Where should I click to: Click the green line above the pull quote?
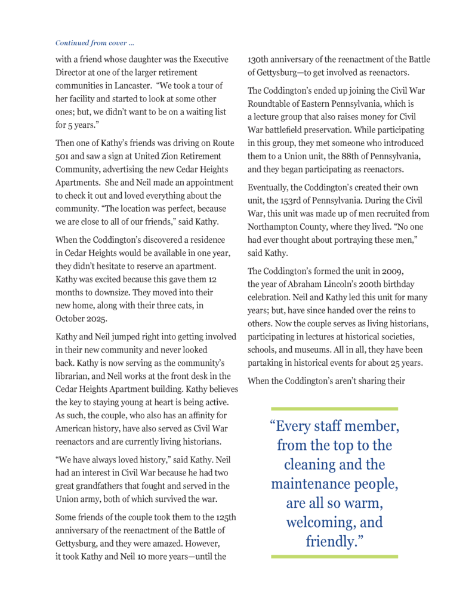coord(334,409)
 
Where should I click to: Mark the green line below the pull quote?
coord(334,556)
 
